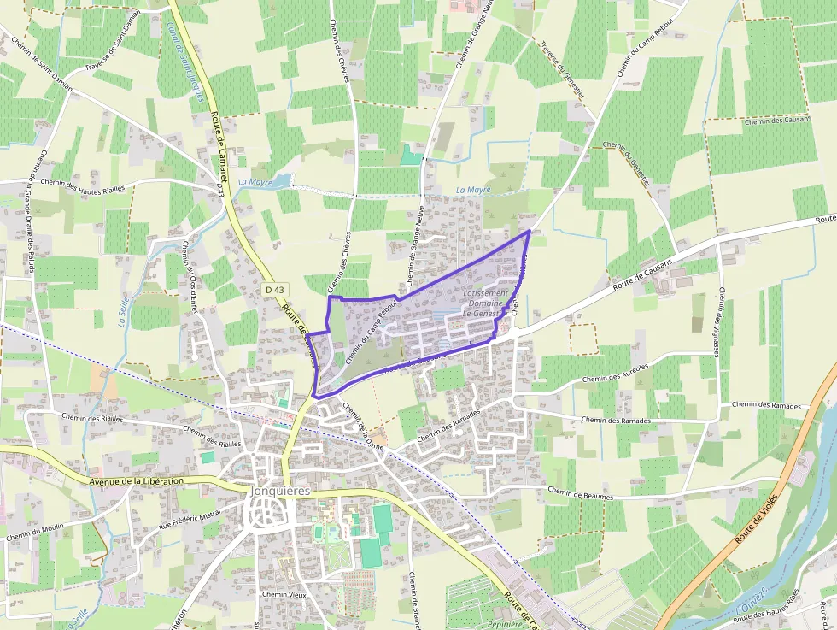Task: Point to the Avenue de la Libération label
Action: pyautogui.click(x=136, y=481)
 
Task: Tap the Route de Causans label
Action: pyautogui.click(x=643, y=272)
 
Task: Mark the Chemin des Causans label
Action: pyautogui.click(x=776, y=121)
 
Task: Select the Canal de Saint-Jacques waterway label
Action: pyautogui.click(x=187, y=61)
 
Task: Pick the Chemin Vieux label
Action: pyautogui.click(x=284, y=594)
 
